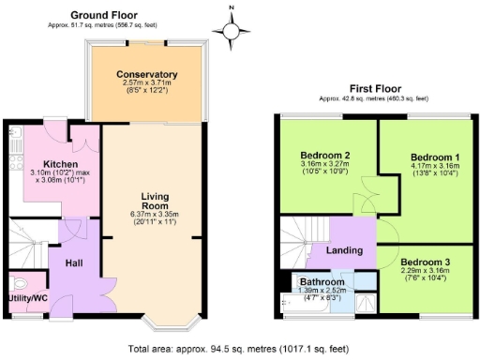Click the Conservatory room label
pyautogui.click(x=147, y=74)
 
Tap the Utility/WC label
pyautogui.click(x=29, y=298)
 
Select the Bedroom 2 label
pyautogui.click(x=325, y=155)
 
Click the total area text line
pyautogui.click(x=240, y=348)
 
